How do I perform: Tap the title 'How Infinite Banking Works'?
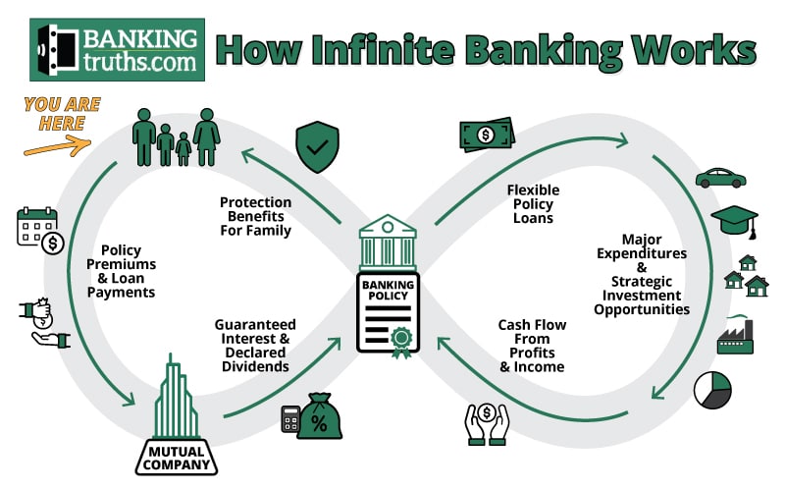click(486, 49)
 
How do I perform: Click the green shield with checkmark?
click(317, 148)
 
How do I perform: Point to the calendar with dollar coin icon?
click(40, 229)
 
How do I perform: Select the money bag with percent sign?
click(319, 416)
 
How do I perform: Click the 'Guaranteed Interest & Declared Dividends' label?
click(254, 345)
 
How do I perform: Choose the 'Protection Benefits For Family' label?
click(255, 217)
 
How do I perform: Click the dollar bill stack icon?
click(486, 135)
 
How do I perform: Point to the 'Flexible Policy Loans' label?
click(531, 203)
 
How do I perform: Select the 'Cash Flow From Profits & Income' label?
click(531, 345)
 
